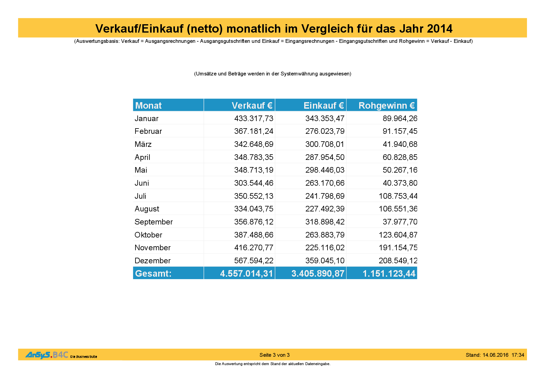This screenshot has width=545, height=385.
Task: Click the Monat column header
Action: pos(149,106)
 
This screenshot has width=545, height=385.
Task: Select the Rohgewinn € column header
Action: pos(387,106)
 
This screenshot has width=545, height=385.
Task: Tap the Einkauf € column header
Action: pos(323,106)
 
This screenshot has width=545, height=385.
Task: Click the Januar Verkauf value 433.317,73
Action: pos(254,119)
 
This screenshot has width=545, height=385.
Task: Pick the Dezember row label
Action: pos(153,261)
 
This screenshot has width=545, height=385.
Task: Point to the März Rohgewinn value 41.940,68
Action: pos(400,144)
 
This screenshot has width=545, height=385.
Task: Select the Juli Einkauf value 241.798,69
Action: pos(325,196)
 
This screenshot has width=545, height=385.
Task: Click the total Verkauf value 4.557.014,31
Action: pos(246,274)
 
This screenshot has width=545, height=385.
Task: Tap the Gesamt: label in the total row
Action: pos(153,274)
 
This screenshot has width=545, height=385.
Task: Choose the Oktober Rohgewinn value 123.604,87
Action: pos(398,235)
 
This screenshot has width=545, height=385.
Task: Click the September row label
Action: pos(153,222)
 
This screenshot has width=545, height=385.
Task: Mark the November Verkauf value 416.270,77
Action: pos(254,248)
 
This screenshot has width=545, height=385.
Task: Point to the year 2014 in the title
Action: pos(439,29)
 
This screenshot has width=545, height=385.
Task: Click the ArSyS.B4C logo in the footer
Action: pos(47,355)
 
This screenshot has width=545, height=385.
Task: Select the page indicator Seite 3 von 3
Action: pos(274,355)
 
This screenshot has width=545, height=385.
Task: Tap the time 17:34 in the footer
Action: pos(518,355)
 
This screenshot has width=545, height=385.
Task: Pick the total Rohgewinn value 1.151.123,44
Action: pos(389,274)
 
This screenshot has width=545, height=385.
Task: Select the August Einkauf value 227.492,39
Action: pos(325,209)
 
